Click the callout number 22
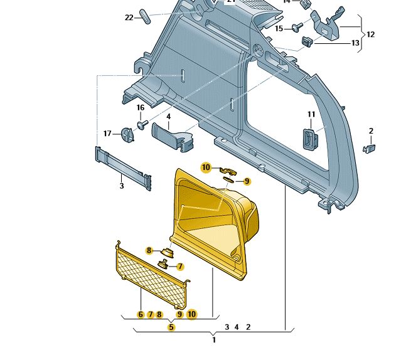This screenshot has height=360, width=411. pyautogui.click(x=129, y=18)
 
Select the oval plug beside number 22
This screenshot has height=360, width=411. pyautogui.click(x=144, y=16)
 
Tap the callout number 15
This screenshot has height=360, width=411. pyautogui.click(x=279, y=28)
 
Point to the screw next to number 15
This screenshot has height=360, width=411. pyautogui.click(x=296, y=27)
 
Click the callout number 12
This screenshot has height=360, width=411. pyautogui.click(x=370, y=34)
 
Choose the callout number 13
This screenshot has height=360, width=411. pyautogui.click(x=355, y=43)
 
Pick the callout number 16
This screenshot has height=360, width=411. pyautogui.click(x=141, y=108)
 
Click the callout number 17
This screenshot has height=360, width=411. pyautogui.click(x=107, y=134)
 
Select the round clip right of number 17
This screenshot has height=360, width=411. pyautogui.click(x=128, y=134)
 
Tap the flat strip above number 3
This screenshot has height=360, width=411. pyautogui.click(x=123, y=167)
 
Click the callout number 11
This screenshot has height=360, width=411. pyautogui.click(x=311, y=114)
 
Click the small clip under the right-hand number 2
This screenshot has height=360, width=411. pyautogui.click(x=370, y=149)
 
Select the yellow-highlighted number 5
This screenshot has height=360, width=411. pyautogui.click(x=171, y=327)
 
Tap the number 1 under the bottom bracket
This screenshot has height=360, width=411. pyautogui.click(x=214, y=340)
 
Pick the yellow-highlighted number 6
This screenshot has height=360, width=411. pyautogui.click(x=141, y=314)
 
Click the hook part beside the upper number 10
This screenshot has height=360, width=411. pyautogui.click(x=227, y=169)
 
